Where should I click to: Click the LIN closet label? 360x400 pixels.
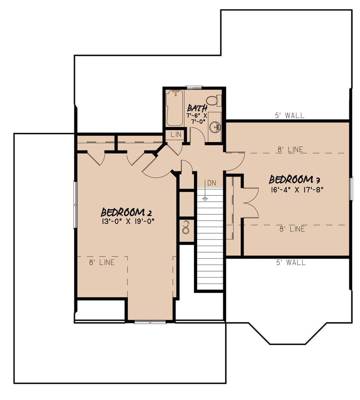[176, 135]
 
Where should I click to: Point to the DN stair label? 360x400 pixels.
[211, 183]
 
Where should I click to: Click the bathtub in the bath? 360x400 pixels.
[175, 108]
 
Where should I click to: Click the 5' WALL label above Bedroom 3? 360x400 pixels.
[290, 116]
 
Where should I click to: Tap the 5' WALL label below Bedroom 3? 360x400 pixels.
[291, 262]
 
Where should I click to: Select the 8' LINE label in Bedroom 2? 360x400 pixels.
[102, 262]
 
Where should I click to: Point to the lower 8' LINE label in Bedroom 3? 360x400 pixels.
[291, 229]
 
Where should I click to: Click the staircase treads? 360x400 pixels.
[210, 239]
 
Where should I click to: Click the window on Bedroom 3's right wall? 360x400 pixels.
[351, 189]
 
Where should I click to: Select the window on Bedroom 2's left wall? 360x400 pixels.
[75, 205]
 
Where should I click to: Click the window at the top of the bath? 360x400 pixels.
[194, 88]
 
